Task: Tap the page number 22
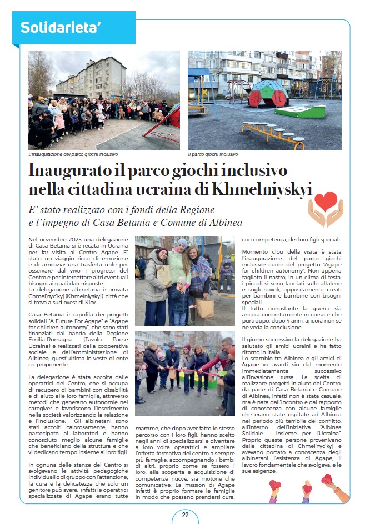click(185, 515)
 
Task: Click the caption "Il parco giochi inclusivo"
click(213, 154)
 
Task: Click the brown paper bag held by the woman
click(204, 308)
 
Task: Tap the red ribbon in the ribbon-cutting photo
click(183, 369)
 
